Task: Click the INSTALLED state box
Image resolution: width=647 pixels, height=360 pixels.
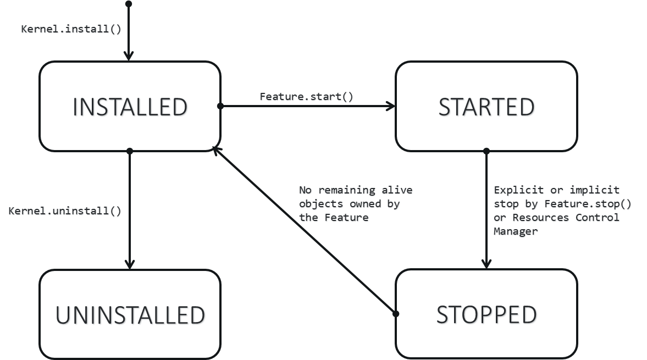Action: point(130,107)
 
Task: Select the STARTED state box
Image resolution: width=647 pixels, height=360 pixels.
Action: point(486,107)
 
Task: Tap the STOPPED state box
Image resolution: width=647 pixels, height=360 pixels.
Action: point(486,314)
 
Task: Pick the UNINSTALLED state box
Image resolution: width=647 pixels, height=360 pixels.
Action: point(130,314)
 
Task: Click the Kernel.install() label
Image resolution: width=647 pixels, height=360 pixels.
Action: point(71,30)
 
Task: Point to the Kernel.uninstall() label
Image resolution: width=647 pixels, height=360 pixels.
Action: point(65,211)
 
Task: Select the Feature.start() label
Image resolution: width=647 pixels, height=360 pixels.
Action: point(307,97)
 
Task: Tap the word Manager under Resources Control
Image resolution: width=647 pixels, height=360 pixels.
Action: point(515,232)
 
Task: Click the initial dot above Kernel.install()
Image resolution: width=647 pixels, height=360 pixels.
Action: point(129,4)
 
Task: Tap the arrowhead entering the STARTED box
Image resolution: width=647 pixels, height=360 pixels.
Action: point(391,106)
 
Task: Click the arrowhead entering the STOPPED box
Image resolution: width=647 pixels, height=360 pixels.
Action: point(486,265)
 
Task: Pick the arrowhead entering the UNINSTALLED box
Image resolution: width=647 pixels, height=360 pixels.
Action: point(129,265)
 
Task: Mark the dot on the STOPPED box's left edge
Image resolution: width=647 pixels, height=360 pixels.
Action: point(395,314)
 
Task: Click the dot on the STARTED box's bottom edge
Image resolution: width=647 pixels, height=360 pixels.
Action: point(486,151)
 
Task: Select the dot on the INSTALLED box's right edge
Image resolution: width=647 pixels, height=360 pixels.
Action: point(220,106)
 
